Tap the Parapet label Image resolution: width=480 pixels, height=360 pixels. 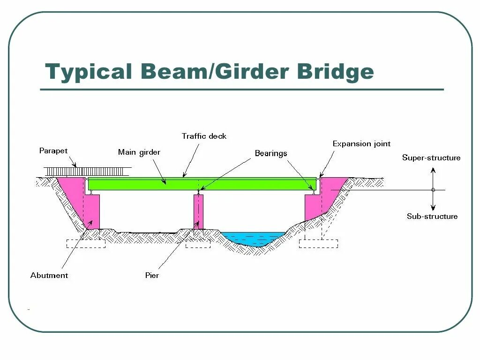coord(53,151)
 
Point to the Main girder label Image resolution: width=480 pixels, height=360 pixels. coord(139,152)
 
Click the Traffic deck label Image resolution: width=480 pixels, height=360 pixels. coord(204,136)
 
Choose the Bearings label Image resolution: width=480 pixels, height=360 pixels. coord(271,153)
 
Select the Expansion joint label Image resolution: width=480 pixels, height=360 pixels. coord(361,144)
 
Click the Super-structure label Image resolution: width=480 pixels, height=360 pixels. coord(431,157)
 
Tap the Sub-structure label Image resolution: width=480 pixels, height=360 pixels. coord(432,216)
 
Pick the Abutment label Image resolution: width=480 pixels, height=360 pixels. coord(49,275)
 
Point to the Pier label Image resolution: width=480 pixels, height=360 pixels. coord(152,275)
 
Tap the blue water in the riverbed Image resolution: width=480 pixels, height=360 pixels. coord(253,238)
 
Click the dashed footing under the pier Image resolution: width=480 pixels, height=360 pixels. coord(198,244)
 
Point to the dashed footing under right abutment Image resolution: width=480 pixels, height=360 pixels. coord(318,244)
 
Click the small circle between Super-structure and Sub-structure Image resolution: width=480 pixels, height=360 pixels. coord(433,190)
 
